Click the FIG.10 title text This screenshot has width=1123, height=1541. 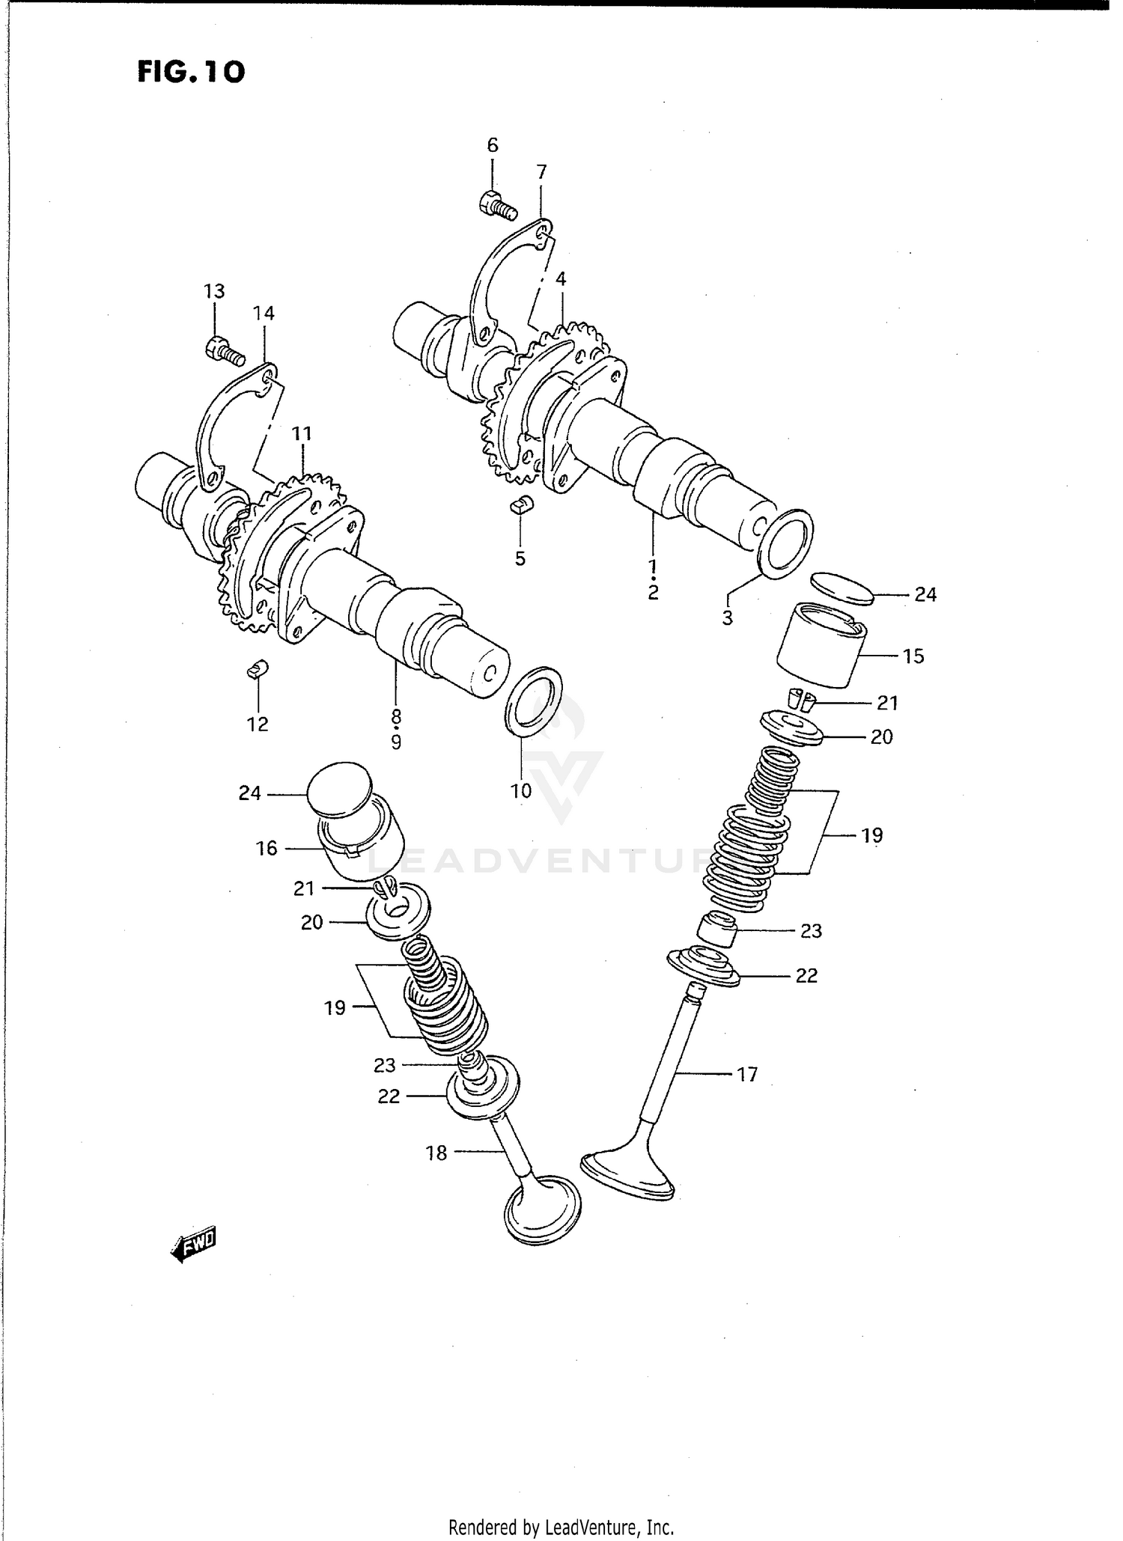coord(191,72)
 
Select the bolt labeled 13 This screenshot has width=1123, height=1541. coord(224,351)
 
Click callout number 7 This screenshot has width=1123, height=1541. coord(541,172)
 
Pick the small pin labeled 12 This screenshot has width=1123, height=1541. coord(258,668)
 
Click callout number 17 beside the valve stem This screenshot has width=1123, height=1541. coord(747,1075)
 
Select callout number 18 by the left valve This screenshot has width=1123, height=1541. coord(436,1153)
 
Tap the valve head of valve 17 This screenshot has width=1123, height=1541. coord(627,1176)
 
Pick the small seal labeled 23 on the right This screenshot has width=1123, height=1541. coord(717,930)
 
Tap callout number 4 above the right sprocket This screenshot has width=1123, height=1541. coord(561,279)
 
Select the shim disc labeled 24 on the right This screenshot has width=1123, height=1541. coord(843,588)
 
